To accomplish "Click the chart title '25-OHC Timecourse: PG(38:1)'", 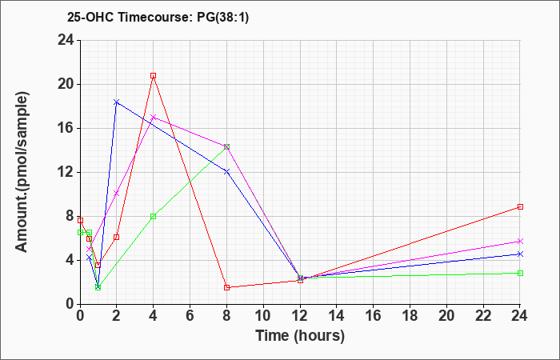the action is coord(158,18).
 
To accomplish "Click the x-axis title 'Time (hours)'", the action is coord(300,336).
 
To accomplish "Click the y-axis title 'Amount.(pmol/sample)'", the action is coord(22,172).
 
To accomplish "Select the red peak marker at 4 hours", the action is coord(154,76).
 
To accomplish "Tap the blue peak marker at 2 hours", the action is coord(116,102).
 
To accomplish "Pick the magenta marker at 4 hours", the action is coord(154,117).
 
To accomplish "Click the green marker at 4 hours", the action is coord(154,217).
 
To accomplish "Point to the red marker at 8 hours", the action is coord(226,287).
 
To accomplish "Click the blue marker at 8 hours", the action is coord(226,172).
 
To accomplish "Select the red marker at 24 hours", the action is coord(520,206).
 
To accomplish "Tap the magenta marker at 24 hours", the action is coord(520,242).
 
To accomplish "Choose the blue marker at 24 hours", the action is coord(520,254).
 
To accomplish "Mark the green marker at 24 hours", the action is coord(520,274).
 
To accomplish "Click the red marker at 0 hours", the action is coord(80,220).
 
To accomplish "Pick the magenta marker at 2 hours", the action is coord(116,194).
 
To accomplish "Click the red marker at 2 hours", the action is coord(116,237).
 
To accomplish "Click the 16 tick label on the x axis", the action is coord(373,315).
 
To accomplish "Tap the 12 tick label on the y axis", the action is coord(66,173).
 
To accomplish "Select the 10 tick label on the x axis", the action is coord(263,315).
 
